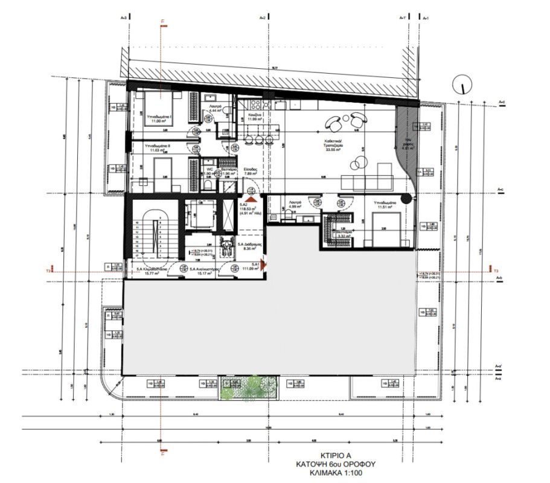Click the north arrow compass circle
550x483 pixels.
[462, 84]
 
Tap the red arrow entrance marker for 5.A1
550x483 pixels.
[263, 264]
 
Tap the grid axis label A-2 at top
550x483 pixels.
[263, 18]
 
